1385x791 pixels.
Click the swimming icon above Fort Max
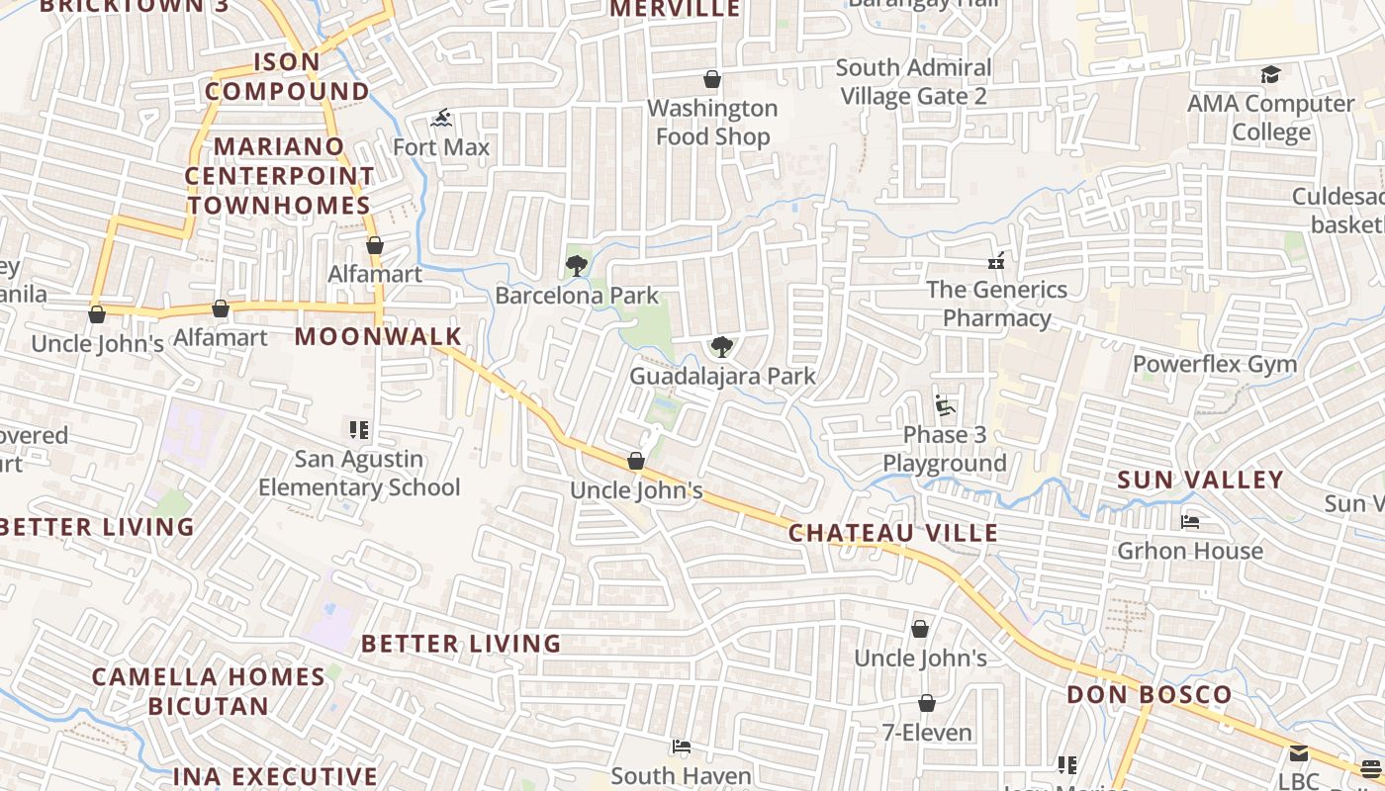click(441, 119)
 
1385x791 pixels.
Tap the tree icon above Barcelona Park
click(577, 265)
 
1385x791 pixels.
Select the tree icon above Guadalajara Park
click(722, 346)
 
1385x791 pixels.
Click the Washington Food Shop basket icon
click(711, 79)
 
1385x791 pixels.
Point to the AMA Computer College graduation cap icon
click(1270, 75)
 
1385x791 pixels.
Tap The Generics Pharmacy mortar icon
click(996, 261)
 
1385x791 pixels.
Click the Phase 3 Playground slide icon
click(944, 405)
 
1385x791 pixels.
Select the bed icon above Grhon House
click(1190, 521)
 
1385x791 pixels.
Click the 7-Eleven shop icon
click(927, 703)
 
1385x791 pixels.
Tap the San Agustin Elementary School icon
click(359, 430)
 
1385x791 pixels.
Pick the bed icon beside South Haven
click(681, 747)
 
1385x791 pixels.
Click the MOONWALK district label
click(378, 336)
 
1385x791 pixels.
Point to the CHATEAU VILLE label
click(892, 533)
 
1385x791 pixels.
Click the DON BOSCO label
click(1149, 694)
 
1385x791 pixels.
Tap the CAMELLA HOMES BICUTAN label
click(209, 691)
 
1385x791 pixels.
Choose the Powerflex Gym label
click(1214, 364)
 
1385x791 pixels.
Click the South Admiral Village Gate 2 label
click(913, 82)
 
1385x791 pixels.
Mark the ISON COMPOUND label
click(287, 76)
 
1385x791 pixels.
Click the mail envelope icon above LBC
click(1298, 753)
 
